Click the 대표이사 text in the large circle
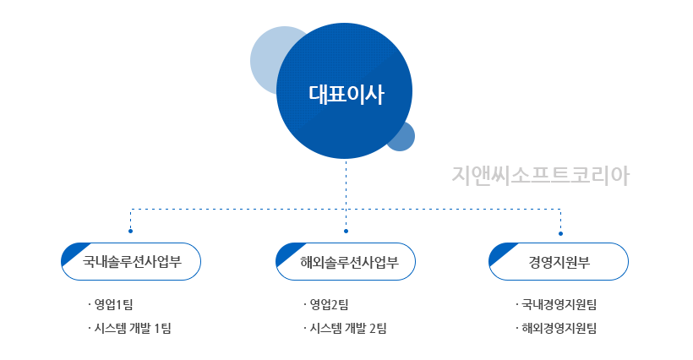[x=346, y=95]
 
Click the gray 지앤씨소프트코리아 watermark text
[x=540, y=176]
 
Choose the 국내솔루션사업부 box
[x=131, y=261]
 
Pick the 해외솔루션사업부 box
[x=346, y=261]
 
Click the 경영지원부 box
[x=559, y=261]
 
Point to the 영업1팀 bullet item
[x=111, y=304]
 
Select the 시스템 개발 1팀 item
[x=129, y=328]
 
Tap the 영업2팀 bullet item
[x=326, y=304]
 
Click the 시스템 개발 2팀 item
[x=345, y=328]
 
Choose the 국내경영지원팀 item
[x=556, y=304]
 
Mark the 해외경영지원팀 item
[x=556, y=328]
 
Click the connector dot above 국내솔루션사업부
[x=130, y=231]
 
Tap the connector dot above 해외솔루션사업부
[x=346, y=231]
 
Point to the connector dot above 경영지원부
[x=561, y=234]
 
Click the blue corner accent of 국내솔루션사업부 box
[x=72, y=251]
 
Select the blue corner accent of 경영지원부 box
[x=499, y=251]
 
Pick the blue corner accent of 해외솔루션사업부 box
[x=286, y=251]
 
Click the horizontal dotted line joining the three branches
[x=346, y=209]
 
